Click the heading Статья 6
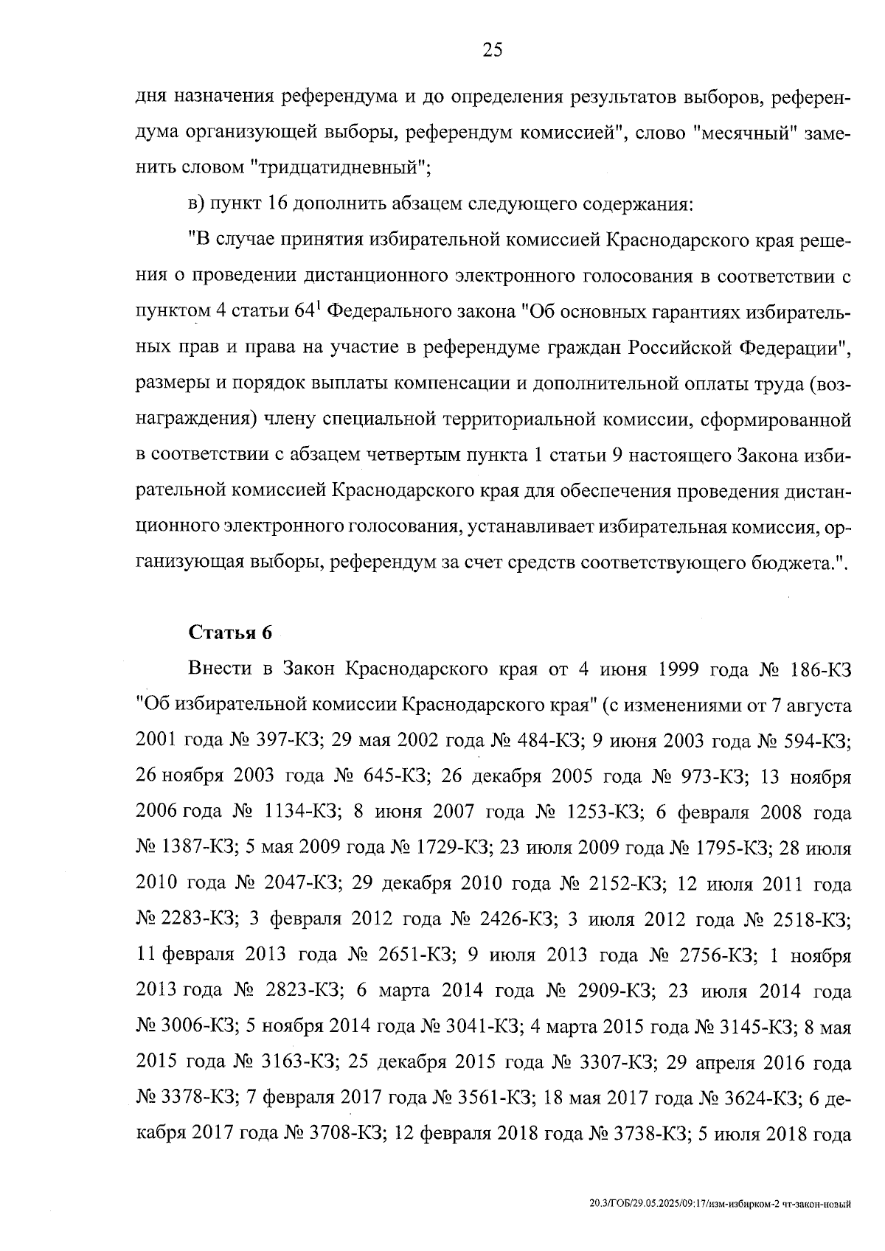coord(231,633)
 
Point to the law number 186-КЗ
coord(821,669)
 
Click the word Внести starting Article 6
coord(217,669)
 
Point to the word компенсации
coord(448,383)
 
